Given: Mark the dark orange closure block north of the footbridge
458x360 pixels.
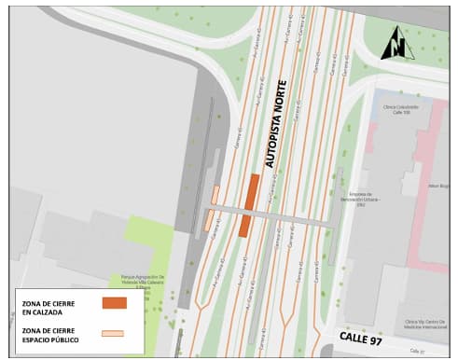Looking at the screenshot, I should (252, 190).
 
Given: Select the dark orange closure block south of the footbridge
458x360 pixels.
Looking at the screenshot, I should (244, 225).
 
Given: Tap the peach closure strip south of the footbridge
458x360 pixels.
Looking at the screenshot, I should (208, 221).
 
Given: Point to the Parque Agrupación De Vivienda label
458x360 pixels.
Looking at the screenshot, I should (142, 280).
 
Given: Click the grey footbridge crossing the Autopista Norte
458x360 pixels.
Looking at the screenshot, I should (280, 215).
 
